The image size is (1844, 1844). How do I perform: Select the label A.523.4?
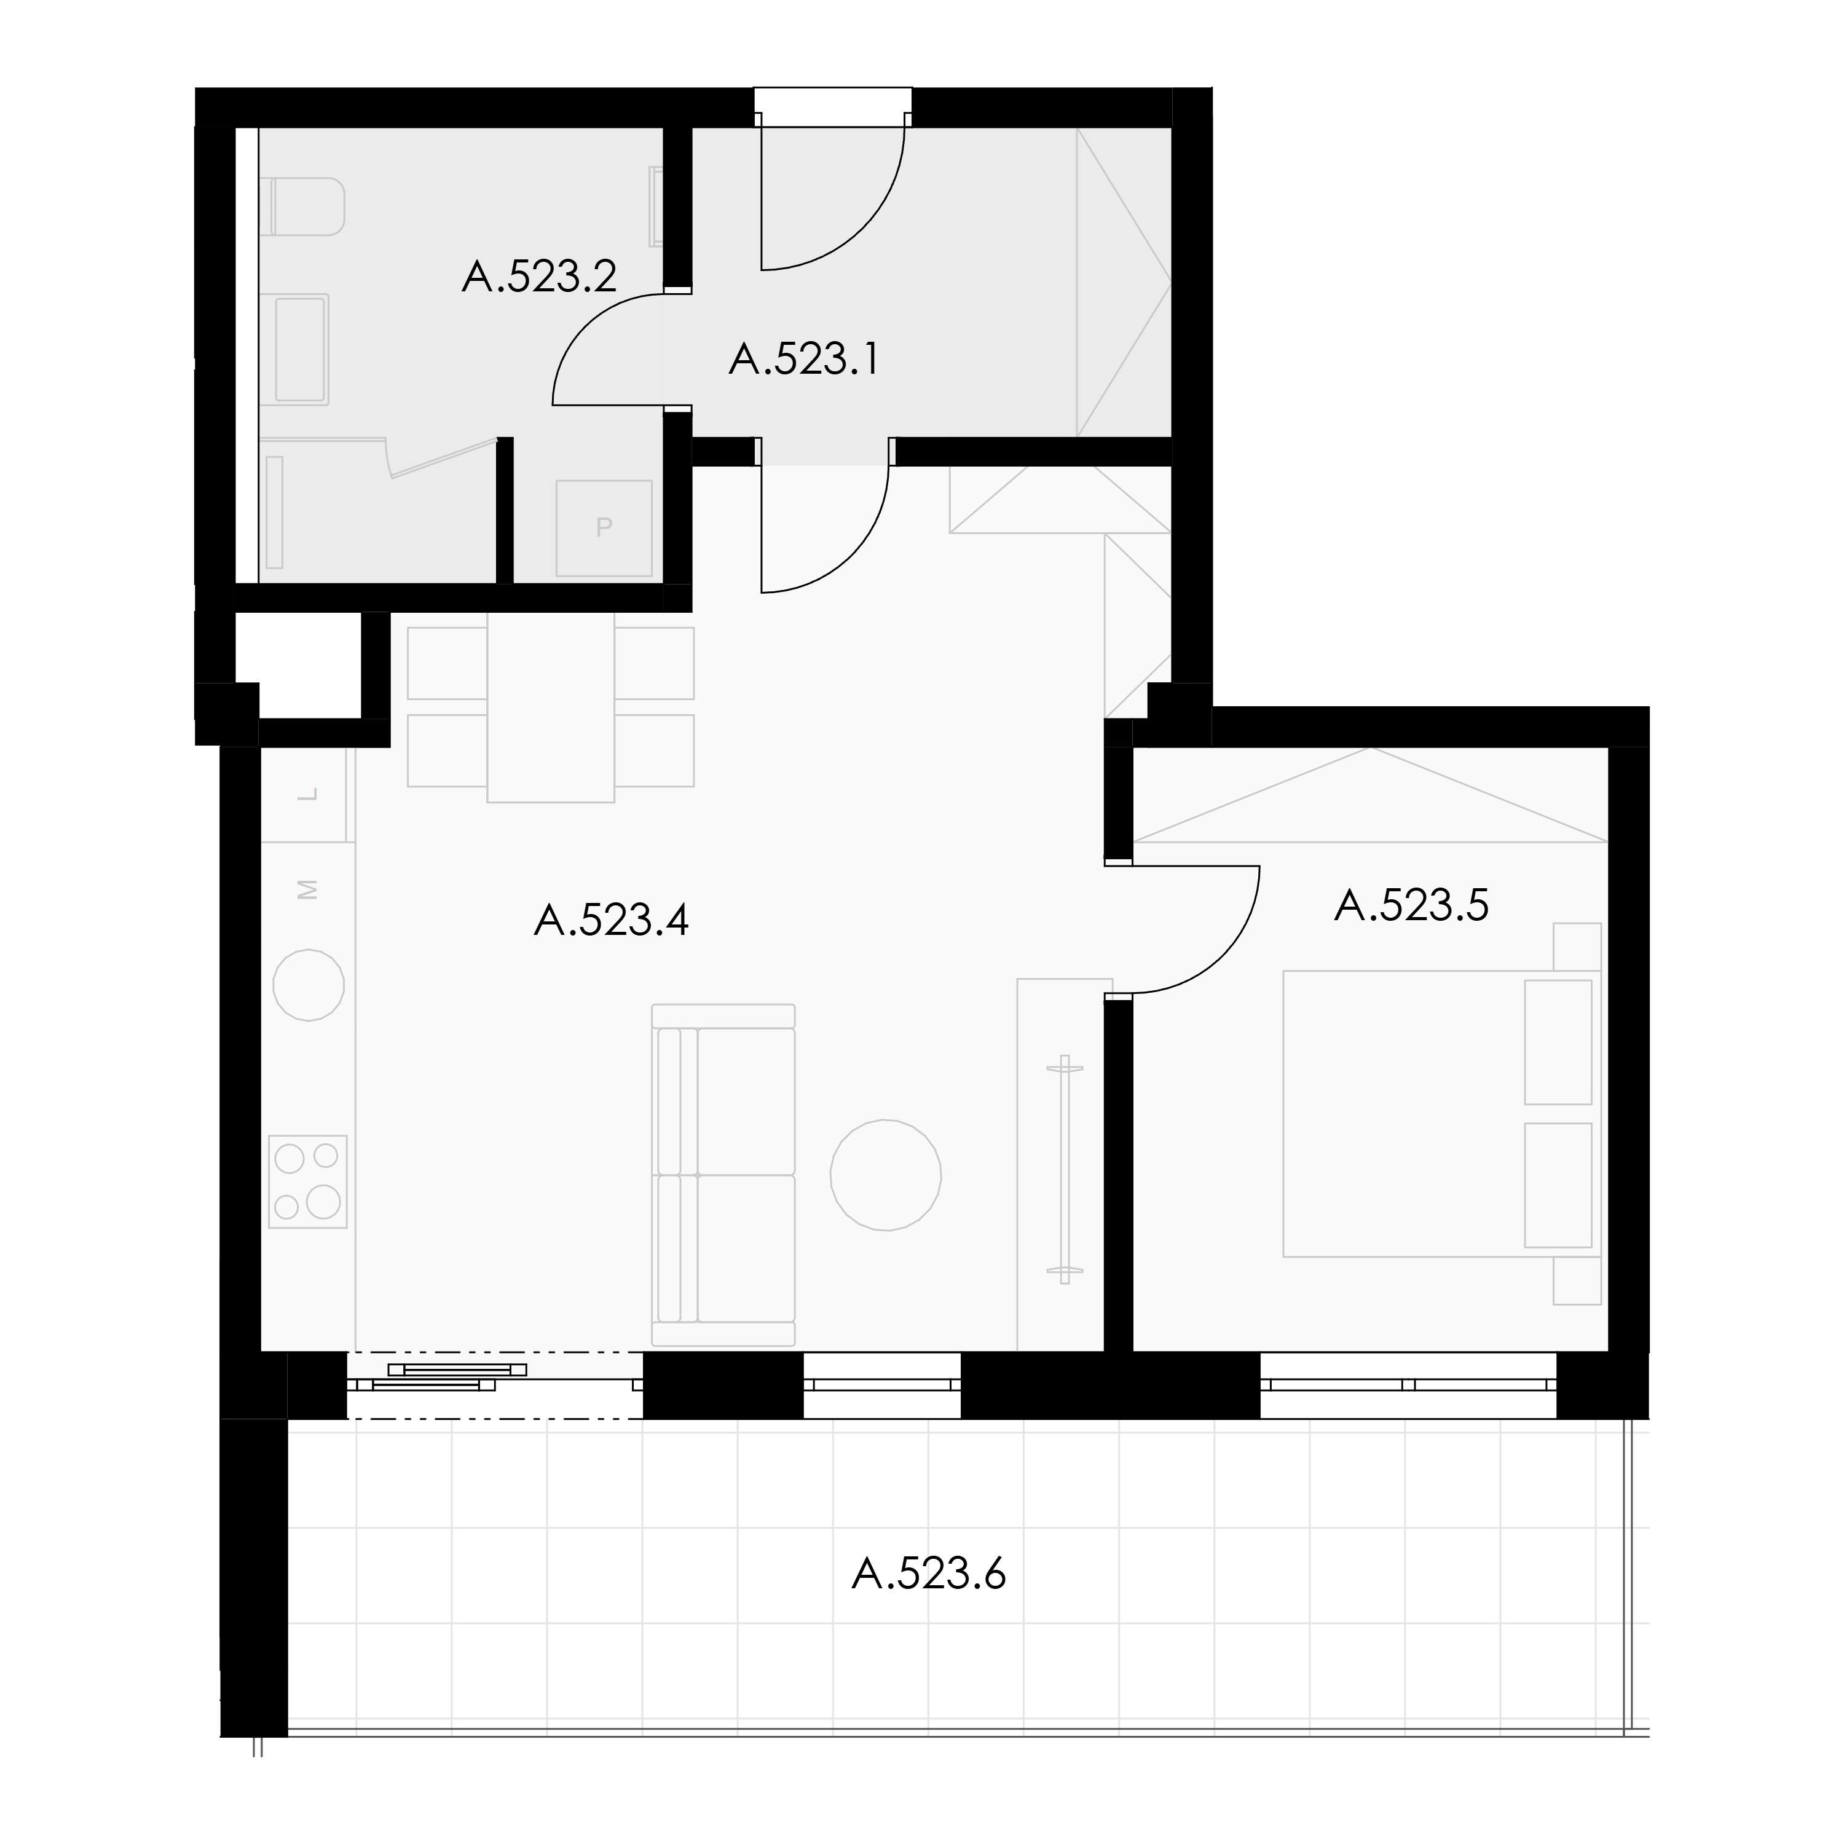coord(612,921)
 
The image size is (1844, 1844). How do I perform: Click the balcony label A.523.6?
coord(929,1574)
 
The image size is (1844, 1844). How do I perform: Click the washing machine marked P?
coord(604,528)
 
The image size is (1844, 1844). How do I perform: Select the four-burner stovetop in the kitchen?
coord(307,1181)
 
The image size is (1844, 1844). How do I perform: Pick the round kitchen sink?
coord(309,985)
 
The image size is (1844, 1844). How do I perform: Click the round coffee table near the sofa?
coord(886,1175)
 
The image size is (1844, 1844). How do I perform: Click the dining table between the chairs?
coord(551,707)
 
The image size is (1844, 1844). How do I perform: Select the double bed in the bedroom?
coord(1441,1114)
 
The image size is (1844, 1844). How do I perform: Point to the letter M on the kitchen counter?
coord(307,889)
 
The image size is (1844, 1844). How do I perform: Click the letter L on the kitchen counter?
coord(307,794)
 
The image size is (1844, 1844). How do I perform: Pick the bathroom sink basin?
coord(300,349)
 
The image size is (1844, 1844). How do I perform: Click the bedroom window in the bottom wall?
coord(1409,1384)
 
